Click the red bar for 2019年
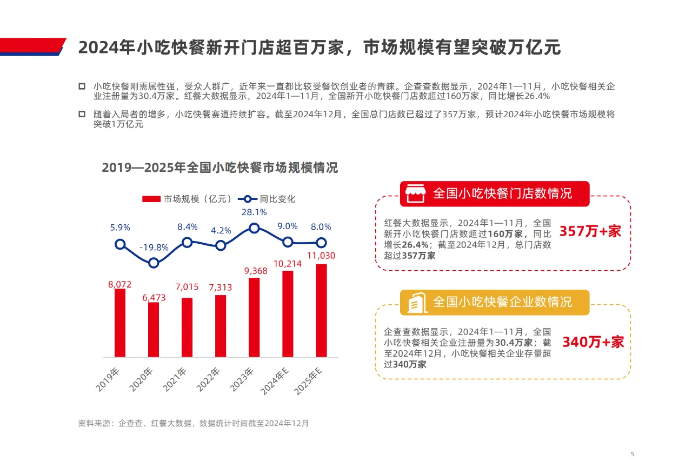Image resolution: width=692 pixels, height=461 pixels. click(120, 323)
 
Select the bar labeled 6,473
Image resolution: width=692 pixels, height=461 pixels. click(154, 329)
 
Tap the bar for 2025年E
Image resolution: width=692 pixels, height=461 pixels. click(321, 310)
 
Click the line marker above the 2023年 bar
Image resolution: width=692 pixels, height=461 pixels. click(254, 228)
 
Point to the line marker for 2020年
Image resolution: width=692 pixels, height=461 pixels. click(154, 263)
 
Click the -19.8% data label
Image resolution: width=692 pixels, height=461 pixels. click(154, 248)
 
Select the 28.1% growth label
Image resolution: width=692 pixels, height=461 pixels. click(254, 212)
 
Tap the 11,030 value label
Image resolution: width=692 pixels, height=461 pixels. click(321, 256)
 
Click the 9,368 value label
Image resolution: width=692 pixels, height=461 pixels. click(254, 269)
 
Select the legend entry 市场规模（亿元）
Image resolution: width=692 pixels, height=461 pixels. click(187, 199)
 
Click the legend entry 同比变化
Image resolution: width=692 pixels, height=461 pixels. click(270, 199)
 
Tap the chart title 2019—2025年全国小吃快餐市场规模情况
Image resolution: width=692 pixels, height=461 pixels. click(219, 168)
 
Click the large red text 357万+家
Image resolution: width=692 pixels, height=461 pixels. click(590, 232)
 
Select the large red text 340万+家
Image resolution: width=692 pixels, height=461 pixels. click(593, 342)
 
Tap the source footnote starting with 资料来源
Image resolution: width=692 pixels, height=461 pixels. click(194, 423)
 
